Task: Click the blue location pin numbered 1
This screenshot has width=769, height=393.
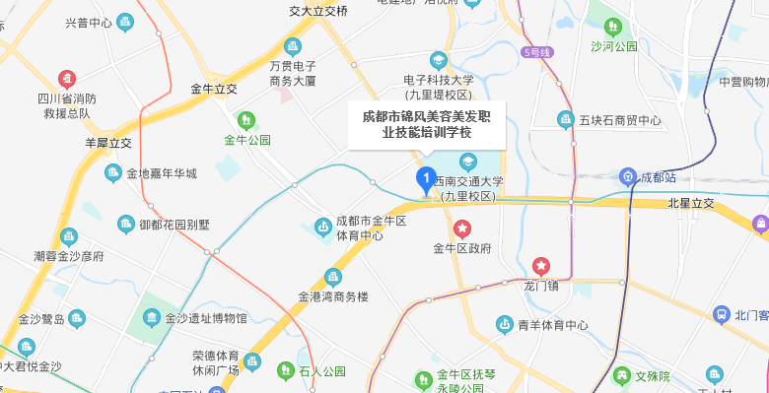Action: [425, 179]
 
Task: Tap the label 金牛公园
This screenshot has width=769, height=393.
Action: [246, 140]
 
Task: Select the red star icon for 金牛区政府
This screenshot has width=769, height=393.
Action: [462, 229]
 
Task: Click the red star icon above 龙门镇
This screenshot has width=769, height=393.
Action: [541, 266]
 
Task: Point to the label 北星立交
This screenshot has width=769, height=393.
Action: [690, 204]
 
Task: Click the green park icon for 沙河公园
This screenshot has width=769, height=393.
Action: [613, 26]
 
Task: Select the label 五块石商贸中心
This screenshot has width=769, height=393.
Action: [619, 120]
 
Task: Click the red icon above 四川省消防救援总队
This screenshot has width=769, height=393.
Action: [65, 78]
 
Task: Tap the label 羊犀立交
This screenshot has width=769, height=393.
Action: [108, 143]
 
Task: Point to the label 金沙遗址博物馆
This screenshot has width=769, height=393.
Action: [206, 318]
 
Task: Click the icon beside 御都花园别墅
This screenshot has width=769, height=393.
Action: [125, 225]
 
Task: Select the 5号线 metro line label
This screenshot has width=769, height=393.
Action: [538, 51]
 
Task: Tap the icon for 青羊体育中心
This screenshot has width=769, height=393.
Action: [504, 324]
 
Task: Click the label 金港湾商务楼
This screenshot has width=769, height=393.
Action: [332, 295]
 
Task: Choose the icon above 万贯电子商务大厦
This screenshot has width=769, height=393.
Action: [292, 46]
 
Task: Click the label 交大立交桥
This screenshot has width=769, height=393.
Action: [318, 11]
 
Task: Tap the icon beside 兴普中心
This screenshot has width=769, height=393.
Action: [124, 22]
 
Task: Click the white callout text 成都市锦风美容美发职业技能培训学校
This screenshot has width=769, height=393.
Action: [427, 124]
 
